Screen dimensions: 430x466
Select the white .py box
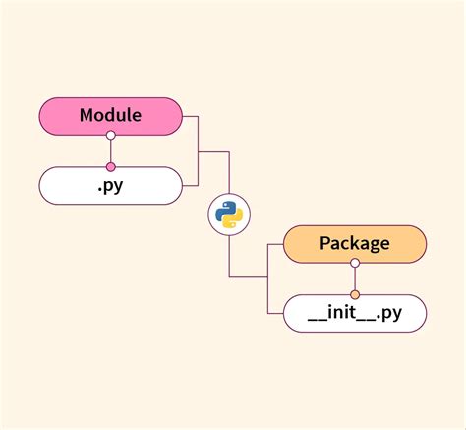click(x=110, y=186)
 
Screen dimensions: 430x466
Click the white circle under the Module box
click(x=110, y=135)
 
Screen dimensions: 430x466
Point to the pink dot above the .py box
click(x=110, y=167)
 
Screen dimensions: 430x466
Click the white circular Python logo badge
click(x=229, y=214)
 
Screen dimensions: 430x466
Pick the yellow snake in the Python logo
click(x=233, y=219)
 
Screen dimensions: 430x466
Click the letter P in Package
click(x=325, y=243)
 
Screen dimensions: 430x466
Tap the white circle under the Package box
click(x=355, y=262)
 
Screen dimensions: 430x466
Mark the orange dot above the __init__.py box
click(x=355, y=294)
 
